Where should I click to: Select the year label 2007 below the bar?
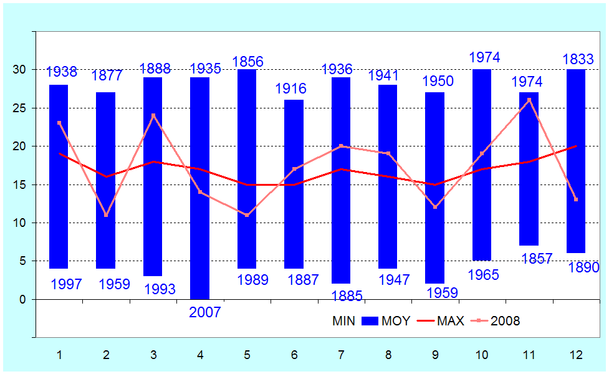(205, 312)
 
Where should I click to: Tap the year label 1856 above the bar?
(247, 62)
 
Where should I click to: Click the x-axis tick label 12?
(576, 355)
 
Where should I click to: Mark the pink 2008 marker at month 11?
(529, 100)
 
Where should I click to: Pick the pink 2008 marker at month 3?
(153, 115)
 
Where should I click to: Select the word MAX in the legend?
(450, 321)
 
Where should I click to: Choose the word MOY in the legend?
(396, 321)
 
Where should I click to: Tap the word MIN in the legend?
(344, 321)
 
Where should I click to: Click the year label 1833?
(578, 59)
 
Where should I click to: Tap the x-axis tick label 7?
(342, 355)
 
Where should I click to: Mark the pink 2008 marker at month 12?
(576, 199)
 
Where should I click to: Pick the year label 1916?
(290, 89)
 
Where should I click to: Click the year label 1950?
(438, 81)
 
